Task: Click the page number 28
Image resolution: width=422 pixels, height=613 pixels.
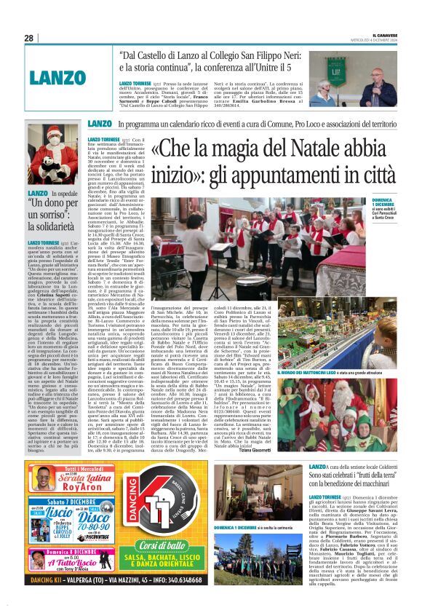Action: click(x=28, y=38)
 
